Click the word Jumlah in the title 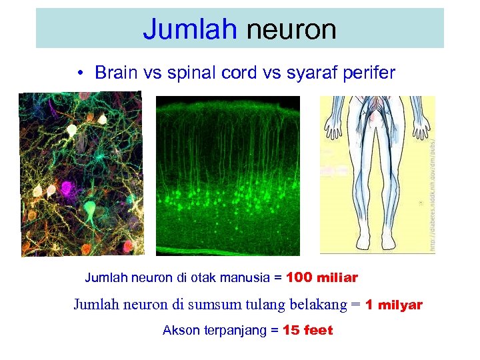pos(190,29)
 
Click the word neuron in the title pos(291,29)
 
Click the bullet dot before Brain pos(79,73)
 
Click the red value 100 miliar pos(321,277)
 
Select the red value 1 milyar pos(394,305)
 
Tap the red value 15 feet pos(307,330)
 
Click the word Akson pos(180,330)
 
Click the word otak pos(197,277)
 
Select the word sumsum pos(214,305)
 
